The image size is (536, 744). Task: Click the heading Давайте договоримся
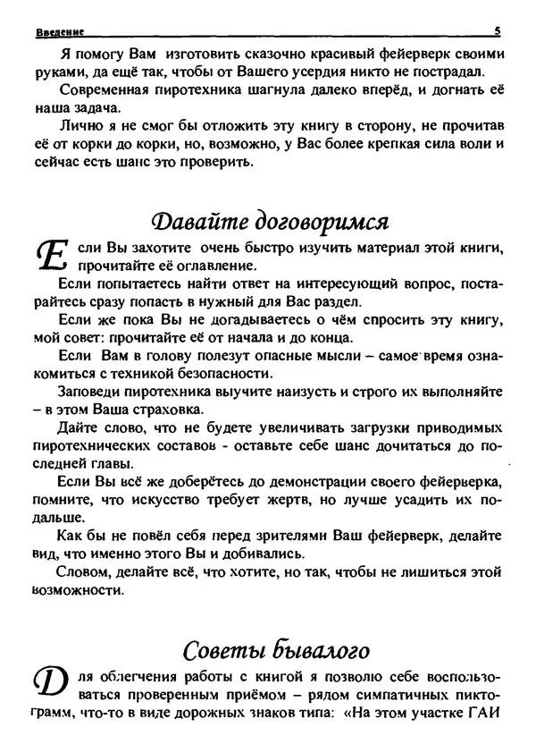point(268,220)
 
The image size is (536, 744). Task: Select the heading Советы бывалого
point(269,647)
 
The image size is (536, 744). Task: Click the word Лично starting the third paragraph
point(76,126)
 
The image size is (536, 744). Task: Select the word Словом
point(83,571)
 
